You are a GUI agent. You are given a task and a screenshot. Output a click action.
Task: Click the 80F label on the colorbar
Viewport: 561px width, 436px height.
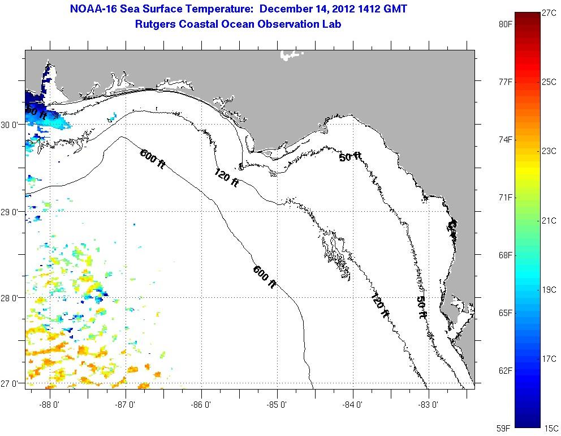coord(506,24)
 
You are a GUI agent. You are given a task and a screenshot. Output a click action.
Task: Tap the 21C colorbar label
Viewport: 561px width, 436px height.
coord(549,221)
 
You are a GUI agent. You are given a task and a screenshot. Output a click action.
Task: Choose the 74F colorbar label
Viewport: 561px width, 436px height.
coord(506,140)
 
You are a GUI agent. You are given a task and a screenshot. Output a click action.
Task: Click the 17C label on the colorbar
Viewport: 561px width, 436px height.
coord(549,359)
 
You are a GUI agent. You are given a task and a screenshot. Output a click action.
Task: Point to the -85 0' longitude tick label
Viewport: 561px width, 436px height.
coord(277,404)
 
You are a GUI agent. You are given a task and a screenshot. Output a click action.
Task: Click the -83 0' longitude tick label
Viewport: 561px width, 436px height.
coord(429,404)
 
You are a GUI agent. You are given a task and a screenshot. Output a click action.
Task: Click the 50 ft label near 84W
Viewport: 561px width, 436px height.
coord(350,157)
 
